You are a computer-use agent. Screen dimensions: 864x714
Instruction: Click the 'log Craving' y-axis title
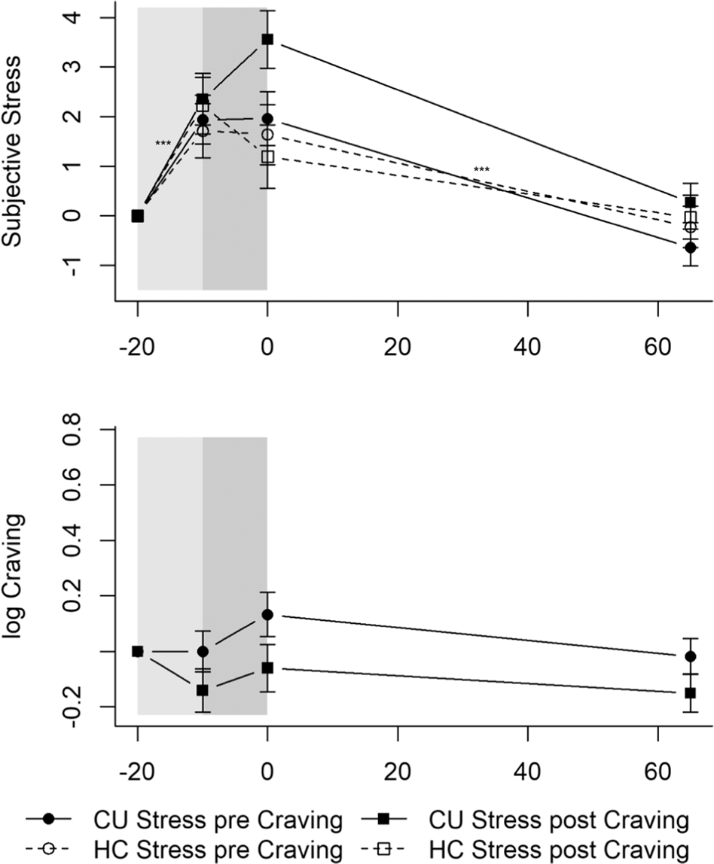pos(16,576)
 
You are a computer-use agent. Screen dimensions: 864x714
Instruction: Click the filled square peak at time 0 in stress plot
pos(267,39)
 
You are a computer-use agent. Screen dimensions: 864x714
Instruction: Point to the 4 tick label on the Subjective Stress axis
pos(89,17)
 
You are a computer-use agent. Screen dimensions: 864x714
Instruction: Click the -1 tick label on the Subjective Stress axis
pos(89,265)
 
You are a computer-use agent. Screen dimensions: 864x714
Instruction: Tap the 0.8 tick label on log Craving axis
pos(89,429)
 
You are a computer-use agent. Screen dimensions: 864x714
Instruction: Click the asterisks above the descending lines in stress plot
pos(481,170)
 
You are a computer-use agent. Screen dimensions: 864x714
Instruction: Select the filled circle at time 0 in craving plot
pos(267,614)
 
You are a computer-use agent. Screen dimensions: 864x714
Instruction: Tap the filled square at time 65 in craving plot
pos(690,692)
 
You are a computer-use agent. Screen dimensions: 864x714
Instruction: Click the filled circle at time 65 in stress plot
pos(690,248)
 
